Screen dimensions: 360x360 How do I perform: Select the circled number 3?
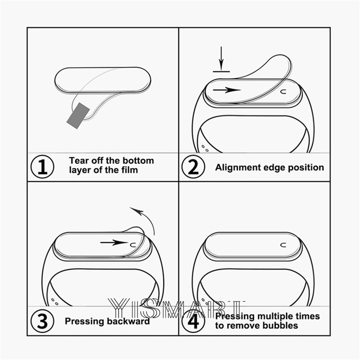click(x=43, y=321)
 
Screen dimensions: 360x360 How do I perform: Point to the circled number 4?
click(x=193, y=321)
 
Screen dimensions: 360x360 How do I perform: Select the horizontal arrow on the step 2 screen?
click(x=227, y=90)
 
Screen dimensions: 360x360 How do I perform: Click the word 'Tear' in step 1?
click(x=79, y=161)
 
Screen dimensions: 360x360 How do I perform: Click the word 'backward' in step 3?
click(x=128, y=321)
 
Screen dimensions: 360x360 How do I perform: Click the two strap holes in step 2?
click(x=205, y=148)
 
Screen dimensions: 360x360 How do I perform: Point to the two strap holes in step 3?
click(x=54, y=301)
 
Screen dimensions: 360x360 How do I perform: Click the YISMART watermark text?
click(x=176, y=309)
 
